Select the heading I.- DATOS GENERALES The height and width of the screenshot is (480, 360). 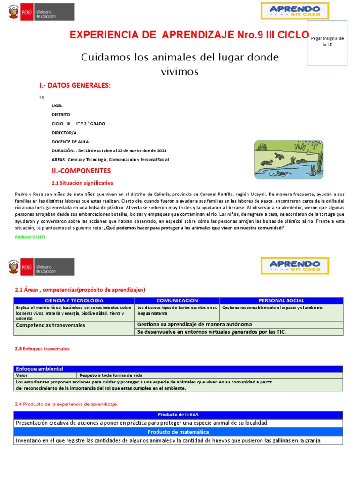pyautogui.click(x=75, y=85)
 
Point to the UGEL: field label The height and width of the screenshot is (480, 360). pyautogui.click(x=58, y=106)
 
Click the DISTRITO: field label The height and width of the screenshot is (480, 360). pyautogui.click(x=61, y=115)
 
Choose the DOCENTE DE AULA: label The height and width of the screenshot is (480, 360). pyautogui.click(x=71, y=142)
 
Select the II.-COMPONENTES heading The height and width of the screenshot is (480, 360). pyautogui.click(x=81, y=171)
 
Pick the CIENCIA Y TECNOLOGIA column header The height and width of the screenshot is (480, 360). pyautogui.click(x=74, y=300)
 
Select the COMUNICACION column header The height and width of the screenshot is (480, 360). pyautogui.click(x=177, y=300)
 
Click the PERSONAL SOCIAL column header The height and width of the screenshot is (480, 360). pyautogui.click(x=281, y=300)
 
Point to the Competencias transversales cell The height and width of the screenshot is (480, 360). pyautogui.click(x=51, y=325)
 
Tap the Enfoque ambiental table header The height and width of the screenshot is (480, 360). pyautogui.click(x=40, y=369)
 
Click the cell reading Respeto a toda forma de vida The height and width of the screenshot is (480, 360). pyautogui.click(x=111, y=375)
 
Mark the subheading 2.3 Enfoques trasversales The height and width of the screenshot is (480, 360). pyautogui.click(x=43, y=349)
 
